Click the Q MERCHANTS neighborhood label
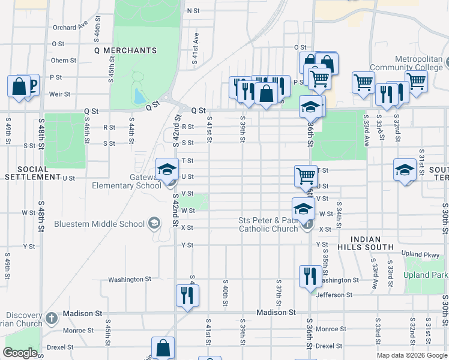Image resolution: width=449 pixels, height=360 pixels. click(121, 50)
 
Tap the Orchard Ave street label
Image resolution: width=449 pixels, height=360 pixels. click(70, 27)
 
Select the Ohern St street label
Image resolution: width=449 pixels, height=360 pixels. click(64, 60)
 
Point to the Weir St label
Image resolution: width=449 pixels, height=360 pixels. click(59, 94)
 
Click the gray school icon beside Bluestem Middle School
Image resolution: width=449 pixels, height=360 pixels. click(155, 224)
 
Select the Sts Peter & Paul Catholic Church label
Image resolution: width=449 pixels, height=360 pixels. click(268, 224)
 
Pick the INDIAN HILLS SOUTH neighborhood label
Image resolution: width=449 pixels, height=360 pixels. click(373, 243)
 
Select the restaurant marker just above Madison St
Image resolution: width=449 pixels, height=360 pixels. click(187, 295)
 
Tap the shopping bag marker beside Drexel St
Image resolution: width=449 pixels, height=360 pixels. click(163, 347)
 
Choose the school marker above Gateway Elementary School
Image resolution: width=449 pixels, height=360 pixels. click(167, 169)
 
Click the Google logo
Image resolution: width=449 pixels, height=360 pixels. click(20, 352)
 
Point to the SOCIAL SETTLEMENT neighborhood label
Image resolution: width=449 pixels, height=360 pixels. click(32, 173)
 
